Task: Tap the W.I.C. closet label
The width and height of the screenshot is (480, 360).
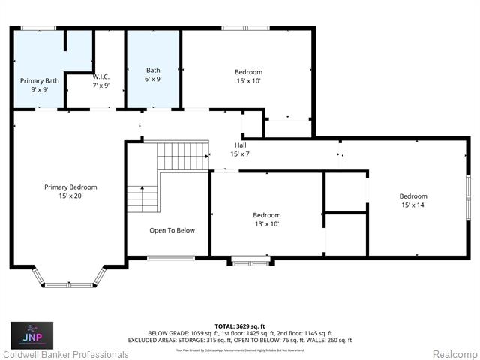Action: click(x=101, y=81)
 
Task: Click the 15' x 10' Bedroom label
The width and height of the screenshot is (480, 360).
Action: click(x=248, y=76)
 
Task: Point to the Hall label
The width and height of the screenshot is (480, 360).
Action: click(x=240, y=149)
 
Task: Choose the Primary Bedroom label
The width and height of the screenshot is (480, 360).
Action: click(x=70, y=191)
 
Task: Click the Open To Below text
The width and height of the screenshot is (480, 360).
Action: click(x=172, y=230)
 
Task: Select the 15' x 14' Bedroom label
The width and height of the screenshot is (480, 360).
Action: click(x=413, y=200)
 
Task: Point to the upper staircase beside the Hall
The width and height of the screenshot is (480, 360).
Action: click(x=183, y=157)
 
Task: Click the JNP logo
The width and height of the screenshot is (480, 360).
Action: click(x=32, y=334)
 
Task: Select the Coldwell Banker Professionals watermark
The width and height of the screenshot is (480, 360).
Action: click(x=65, y=353)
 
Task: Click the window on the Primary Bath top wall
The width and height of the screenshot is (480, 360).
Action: click(x=38, y=28)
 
